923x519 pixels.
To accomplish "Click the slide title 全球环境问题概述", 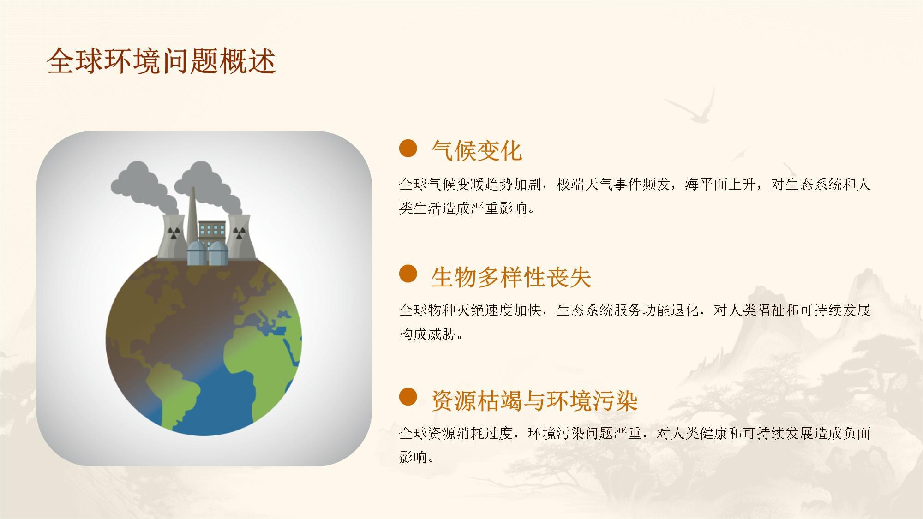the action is coord(161,60).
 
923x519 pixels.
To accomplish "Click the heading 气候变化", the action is coord(477,151).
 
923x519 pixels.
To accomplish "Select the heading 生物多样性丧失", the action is coord(511,277).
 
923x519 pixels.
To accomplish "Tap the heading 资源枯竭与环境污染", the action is coord(534,400).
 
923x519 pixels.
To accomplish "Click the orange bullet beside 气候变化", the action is coord(408,149).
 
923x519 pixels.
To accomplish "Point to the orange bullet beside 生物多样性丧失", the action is coord(408,274).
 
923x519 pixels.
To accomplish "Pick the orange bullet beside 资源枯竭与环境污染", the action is coord(408,397).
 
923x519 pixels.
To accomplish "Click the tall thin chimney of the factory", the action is coord(192,217).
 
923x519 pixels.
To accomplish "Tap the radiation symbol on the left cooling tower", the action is coord(173,233).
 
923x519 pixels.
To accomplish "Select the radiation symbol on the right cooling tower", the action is coord(238,233).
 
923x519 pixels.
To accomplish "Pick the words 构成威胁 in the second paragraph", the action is coord(427,334).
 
